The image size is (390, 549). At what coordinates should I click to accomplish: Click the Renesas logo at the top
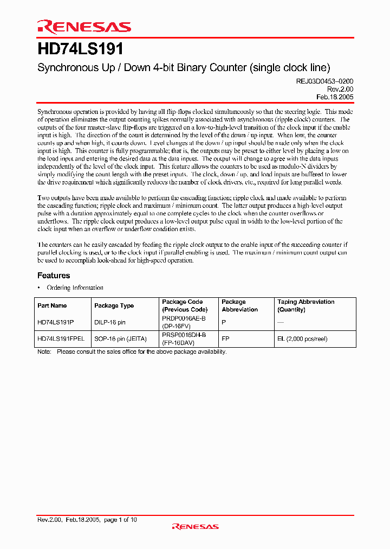coord(84,27)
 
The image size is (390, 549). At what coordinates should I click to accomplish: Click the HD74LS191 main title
coord(81,49)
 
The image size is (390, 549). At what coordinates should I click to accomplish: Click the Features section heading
coord(54,276)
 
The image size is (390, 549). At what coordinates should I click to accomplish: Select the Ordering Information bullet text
coord(75,288)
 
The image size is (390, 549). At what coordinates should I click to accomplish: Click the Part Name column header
coord(53,306)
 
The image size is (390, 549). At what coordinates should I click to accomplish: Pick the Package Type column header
coord(114,306)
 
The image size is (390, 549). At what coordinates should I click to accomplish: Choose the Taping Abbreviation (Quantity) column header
coord(306,305)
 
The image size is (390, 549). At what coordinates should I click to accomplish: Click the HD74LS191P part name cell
coord(56,322)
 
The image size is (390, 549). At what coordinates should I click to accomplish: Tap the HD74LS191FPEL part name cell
coord(61,339)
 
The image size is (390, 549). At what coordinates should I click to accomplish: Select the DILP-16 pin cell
coord(110,322)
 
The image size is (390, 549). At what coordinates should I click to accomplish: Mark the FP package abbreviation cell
coord(225,339)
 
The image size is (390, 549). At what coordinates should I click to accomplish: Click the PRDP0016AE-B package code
coord(184,318)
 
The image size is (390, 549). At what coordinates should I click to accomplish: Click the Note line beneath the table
coord(132,352)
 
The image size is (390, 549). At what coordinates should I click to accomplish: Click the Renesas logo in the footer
coord(195,526)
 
